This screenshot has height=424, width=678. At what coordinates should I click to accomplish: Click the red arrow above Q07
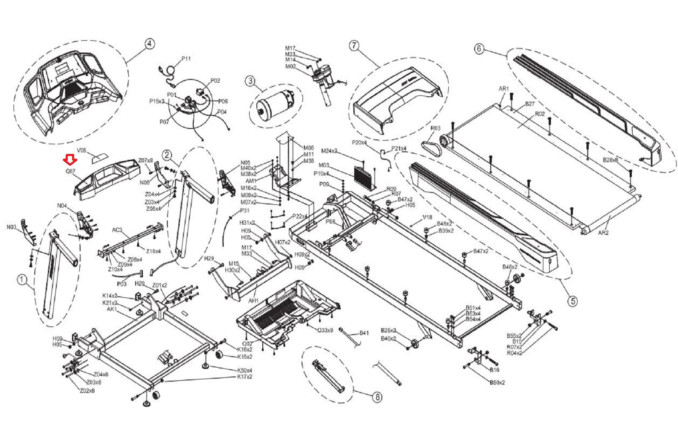[x=70, y=160]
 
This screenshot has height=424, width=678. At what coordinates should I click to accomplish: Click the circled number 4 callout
[x=149, y=43]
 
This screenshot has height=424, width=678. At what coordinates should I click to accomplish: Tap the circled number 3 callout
[x=250, y=81]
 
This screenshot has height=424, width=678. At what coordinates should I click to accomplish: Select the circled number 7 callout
[x=354, y=45]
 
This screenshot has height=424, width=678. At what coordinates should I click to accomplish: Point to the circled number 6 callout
[x=479, y=48]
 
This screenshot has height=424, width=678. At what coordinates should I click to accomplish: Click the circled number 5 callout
[x=572, y=301]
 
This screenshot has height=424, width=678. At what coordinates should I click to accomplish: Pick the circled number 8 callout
[x=376, y=397]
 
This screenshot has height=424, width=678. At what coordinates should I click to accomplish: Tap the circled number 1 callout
[x=22, y=279]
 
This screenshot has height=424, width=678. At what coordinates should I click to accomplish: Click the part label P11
[x=186, y=59]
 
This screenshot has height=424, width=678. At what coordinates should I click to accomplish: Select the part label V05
[x=81, y=150]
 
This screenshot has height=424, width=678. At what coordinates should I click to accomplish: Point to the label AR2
[x=603, y=232]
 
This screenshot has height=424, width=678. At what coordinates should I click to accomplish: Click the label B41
[x=364, y=333]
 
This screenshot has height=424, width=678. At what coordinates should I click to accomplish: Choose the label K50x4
[x=245, y=370]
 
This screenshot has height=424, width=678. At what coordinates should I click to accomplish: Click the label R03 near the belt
[x=435, y=128]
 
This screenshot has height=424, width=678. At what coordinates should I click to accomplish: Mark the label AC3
[x=117, y=230]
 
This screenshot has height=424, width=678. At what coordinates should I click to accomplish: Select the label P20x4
[x=359, y=142]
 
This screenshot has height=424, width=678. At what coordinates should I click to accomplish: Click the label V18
[x=428, y=218]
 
